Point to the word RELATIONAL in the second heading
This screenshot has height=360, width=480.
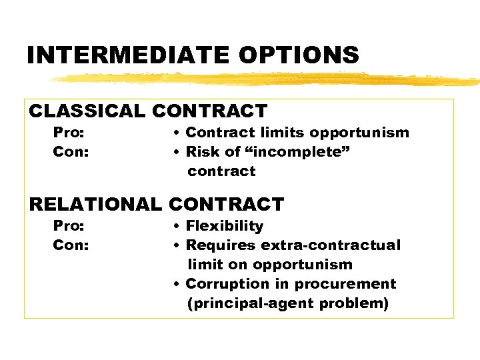(x=95, y=204)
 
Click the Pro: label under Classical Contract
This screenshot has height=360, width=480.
(x=69, y=133)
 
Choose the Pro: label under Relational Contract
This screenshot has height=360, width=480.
(x=69, y=226)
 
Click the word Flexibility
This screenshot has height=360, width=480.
(x=225, y=226)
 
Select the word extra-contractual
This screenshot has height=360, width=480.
(x=331, y=245)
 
